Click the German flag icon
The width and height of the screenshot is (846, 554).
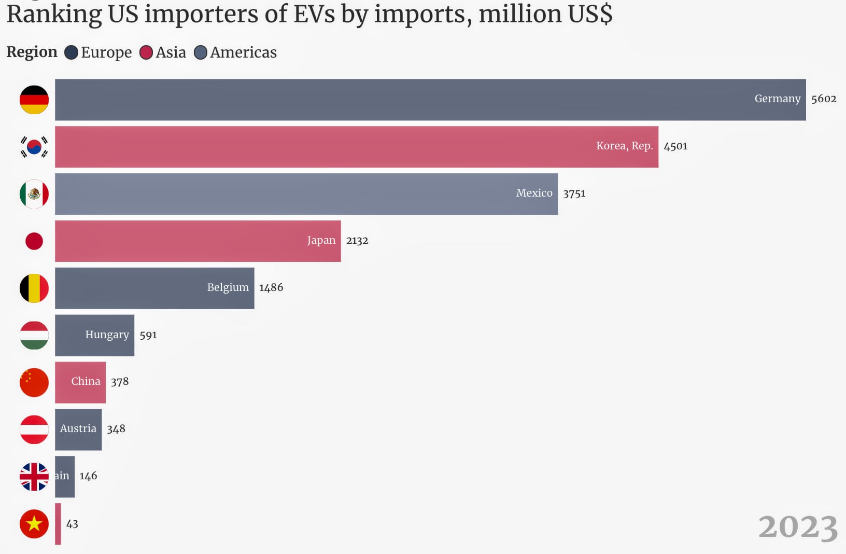click(34, 100)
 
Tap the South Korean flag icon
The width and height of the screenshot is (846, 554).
click(34, 147)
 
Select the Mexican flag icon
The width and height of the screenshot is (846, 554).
click(34, 194)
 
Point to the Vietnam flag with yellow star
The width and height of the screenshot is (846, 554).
click(34, 524)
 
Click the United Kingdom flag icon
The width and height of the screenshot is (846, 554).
click(34, 477)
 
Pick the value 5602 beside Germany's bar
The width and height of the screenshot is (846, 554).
click(824, 99)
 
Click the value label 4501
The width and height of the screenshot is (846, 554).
click(675, 146)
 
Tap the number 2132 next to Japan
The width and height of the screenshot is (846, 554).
click(357, 241)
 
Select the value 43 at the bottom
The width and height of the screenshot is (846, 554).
click(72, 524)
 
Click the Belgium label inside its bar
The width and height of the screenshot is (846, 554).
click(228, 287)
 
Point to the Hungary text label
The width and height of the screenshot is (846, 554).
click(107, 335)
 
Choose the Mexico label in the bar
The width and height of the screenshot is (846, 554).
click(534, 193)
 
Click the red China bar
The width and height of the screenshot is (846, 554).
click(80, 382)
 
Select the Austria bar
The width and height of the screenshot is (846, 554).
click(78, 430)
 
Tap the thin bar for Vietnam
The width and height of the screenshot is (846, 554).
click(58, 524)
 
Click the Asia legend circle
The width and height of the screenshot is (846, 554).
click(146, 52)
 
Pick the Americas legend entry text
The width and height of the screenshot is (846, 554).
click(243, 52)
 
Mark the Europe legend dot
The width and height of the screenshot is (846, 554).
click(71, 52)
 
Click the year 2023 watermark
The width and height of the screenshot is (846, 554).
click(798, 527)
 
